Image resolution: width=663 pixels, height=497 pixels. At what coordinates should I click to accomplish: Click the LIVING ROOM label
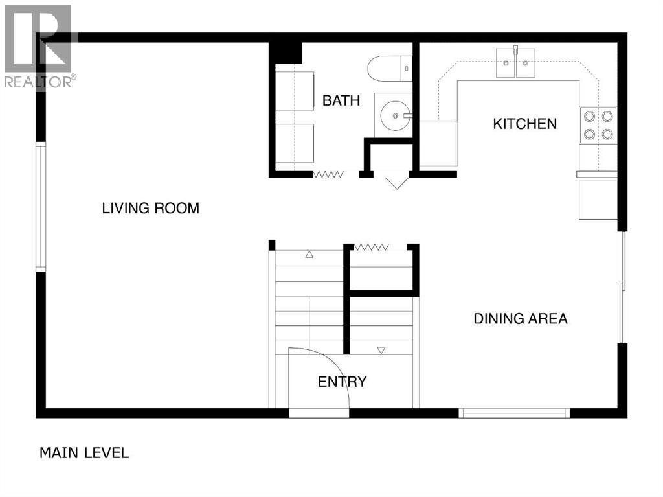click(150, 208)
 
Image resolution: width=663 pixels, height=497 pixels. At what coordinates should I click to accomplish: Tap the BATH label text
click(341, 100)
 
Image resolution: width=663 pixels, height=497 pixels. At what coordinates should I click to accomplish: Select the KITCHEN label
click(524, 123)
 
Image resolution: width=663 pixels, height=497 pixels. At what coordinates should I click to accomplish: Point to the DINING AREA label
click(521, 318)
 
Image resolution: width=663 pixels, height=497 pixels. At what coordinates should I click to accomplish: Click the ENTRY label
click(342, 382)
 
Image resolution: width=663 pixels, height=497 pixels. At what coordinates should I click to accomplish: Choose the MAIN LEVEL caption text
click(84, 452)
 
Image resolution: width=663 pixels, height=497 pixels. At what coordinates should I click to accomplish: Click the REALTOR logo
click(38, 46)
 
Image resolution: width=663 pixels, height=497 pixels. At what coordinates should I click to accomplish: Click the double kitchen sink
click(516, 63)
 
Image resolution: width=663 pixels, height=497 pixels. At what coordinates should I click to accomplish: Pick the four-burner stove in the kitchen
click(598, 125)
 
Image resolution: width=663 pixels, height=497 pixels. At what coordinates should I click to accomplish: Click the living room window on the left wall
click(41, 207)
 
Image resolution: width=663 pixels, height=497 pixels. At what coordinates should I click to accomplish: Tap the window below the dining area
click(514, 413)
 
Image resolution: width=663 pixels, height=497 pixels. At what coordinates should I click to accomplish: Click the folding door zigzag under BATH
click(328, 174)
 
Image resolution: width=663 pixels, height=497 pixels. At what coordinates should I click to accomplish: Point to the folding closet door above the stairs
click(371, 246)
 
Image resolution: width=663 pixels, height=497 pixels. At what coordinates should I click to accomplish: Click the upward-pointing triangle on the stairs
click(309, 255)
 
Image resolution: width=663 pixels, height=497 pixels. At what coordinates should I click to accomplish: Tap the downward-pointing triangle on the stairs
click(381, 351)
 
